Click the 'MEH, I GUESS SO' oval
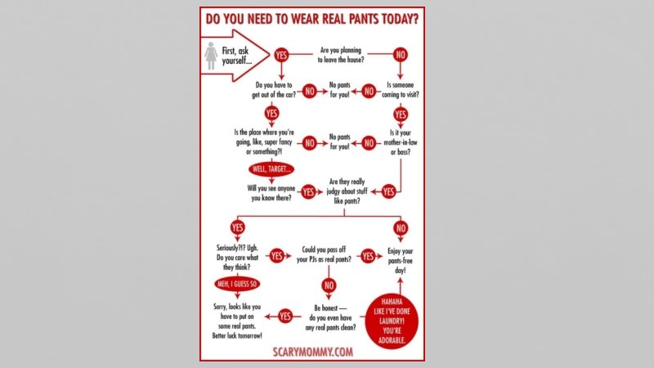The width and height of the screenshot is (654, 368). (x=237, y=284)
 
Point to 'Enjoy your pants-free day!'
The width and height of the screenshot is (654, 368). (x=400, y=259)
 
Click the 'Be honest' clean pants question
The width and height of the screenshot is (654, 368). (x=329, y=313)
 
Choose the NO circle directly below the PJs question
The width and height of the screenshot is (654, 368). (x=329, y=285)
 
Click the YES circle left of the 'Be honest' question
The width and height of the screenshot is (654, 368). (x=286, y=315)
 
